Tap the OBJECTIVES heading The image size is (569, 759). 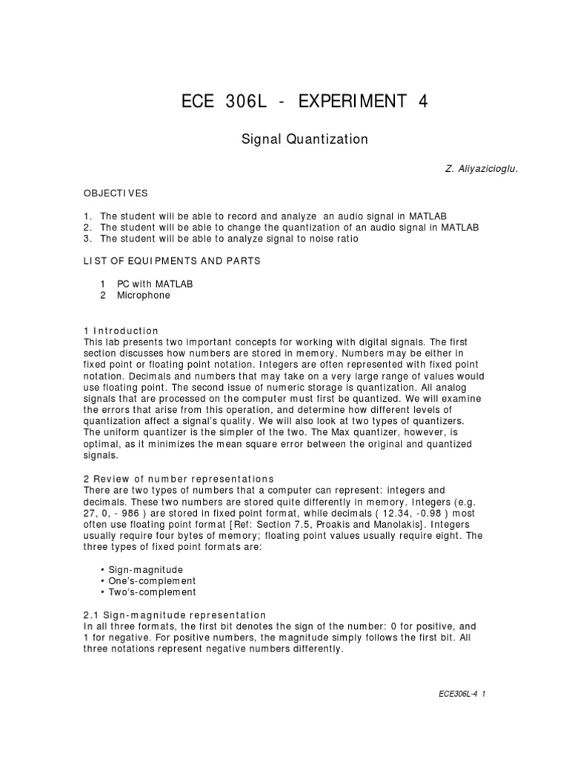point(116,193)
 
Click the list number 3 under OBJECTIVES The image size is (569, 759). point(88,239)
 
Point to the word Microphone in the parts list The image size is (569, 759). point(143,295)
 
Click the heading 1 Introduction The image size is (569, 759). point(121,331)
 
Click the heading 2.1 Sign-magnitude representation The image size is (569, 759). point(174,615)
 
